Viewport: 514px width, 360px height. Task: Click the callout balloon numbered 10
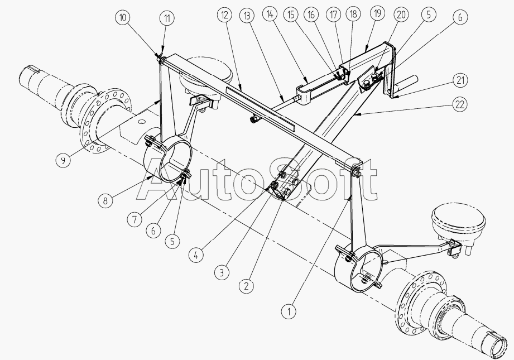123,17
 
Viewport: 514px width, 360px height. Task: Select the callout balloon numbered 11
167,18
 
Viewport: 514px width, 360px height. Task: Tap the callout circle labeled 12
224,15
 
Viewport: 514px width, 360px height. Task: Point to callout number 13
247,16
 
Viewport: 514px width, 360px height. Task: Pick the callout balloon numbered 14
270,14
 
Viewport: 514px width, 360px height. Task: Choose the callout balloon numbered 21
460,80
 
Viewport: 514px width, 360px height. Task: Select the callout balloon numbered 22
460,104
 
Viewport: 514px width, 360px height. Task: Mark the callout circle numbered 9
63,160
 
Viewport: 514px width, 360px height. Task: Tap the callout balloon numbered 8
105,201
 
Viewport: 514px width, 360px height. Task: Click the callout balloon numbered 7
134,219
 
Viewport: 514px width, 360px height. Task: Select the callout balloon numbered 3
222,272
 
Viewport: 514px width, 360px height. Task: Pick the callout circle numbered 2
246,286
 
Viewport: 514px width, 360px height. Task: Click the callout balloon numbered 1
289,311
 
